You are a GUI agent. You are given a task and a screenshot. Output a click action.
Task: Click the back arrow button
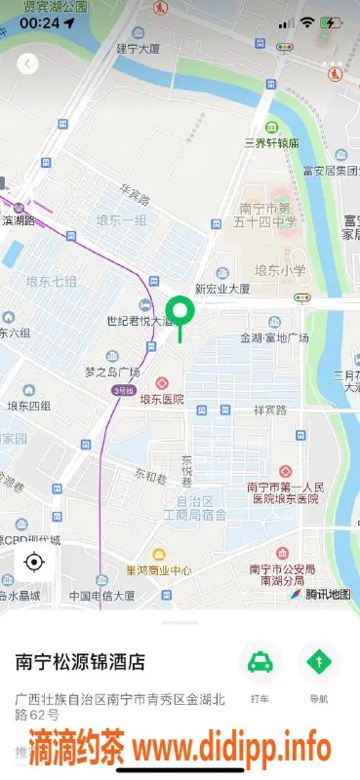(28, 63)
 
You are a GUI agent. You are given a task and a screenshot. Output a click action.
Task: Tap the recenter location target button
(35, 563)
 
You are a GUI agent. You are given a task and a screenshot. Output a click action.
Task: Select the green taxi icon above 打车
(260, 662)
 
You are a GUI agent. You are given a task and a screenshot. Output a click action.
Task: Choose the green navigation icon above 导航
(318, 662)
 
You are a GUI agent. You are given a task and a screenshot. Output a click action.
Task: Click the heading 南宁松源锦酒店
(80, 662)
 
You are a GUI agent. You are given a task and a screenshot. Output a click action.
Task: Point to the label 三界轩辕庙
(271, 143)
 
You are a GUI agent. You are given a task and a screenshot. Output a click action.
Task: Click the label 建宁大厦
(138, 47)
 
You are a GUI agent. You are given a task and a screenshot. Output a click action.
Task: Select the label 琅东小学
(280, 270)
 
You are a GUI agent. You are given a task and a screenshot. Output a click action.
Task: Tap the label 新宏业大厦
(223, 289)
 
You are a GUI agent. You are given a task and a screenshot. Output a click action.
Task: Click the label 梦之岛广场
(112, 372)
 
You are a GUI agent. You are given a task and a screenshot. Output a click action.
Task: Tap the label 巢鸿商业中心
(159, 571)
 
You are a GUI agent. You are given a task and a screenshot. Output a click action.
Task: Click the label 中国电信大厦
(101, 596)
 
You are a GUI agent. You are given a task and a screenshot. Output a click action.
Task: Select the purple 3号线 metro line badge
(122, 390)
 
